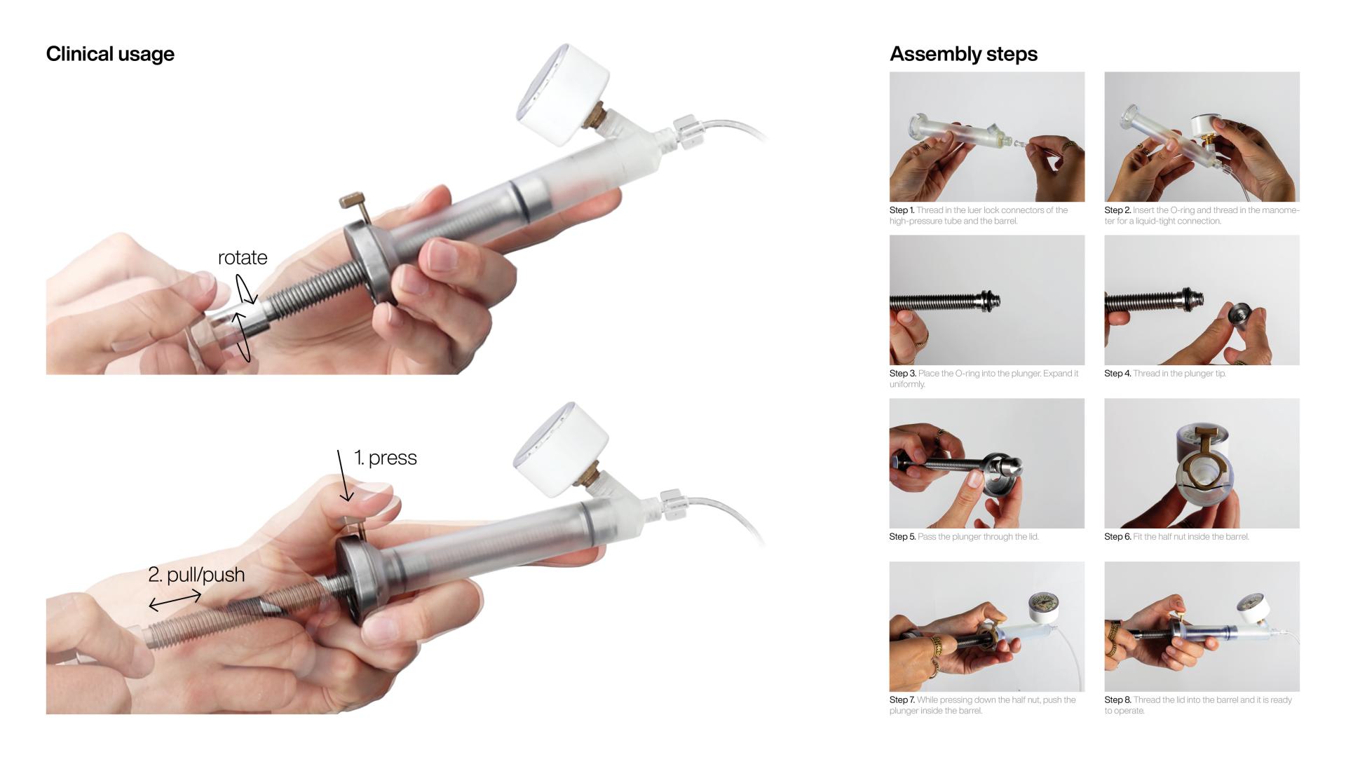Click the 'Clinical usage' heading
click(x=110, y=54)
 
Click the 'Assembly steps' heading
click(x=963, y=54)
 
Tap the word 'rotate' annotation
click(x=243, y=257)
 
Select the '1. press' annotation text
click(x=385, y=458)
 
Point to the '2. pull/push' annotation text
click(x=196, y=575)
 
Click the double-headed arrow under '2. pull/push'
click(x=175, y=601)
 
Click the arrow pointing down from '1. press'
click(x=343, y=477)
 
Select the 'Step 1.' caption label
click(x=902, y=210)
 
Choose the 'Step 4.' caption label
click(x=1117, y=374)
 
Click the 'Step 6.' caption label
click(x=1117, y=537)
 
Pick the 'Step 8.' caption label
click(x=1117, y=700)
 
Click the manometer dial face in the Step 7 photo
click(x=1042, y=607)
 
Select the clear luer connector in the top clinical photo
click(x=687, y=130)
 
